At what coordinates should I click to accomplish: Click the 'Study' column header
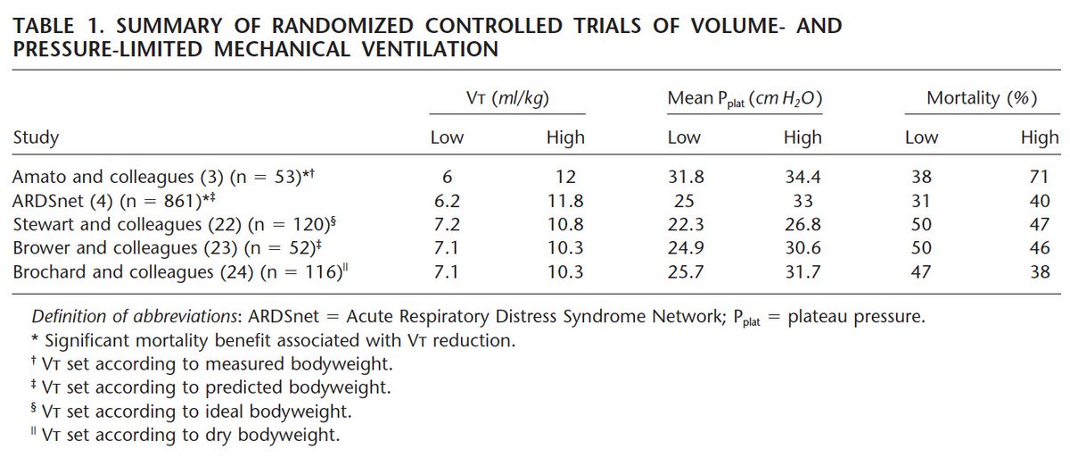pos(37,137)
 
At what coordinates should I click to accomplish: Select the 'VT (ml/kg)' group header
pos(507,99)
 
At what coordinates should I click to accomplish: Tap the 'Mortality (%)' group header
pos(982,99)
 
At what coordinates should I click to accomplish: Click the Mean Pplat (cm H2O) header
pos(745,99)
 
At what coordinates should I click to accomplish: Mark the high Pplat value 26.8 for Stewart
pos(802,225)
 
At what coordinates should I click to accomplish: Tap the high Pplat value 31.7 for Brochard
pos(802,271)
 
